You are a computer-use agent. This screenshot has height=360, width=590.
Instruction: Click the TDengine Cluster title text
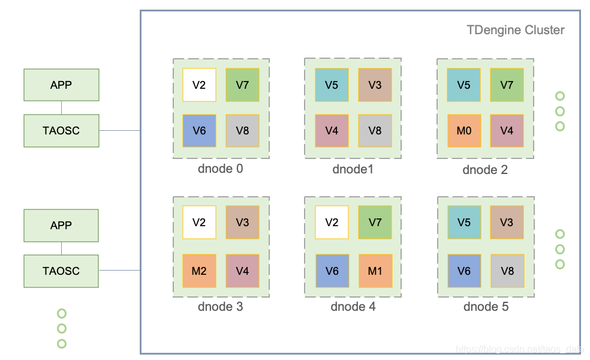pyautogui.click(x=515, y=30)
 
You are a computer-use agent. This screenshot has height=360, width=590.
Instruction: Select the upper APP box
pyautogui.click(x=61, y=85)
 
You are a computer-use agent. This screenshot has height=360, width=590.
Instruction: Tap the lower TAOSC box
pyautogui.click(x=61, y=271)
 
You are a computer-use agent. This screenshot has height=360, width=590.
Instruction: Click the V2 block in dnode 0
pyautogui.click(x=199, y=85)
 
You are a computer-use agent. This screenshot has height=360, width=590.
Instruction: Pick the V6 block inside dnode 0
pyautogui.click(x=199, y=130)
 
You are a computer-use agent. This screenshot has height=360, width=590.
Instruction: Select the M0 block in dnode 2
pyautogui.click(x=463, y=130)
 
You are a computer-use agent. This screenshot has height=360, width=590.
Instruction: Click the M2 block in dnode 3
pyautogui.click(x=199, y=271)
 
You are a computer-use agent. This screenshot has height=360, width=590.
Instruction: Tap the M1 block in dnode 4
pyautogui.click(x=375, y=271)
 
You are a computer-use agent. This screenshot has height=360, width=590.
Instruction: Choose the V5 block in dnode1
pyautogui.click(x=332, y=85)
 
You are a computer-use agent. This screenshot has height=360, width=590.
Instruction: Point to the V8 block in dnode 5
pyautogui.click(x=507, y=271)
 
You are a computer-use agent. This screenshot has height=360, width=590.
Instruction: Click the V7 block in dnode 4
pyautogui.click(x=375, y=223)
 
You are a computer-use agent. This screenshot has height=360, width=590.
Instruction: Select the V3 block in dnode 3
pyautogui.click(x=242, y=223)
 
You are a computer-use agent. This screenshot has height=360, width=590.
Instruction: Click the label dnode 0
pyautogui.click(x=220, y=169)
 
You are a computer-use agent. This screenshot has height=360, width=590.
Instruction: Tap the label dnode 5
pyautogui.click(x=486, y=307)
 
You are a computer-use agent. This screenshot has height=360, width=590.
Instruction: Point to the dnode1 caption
pyautogui.click(x=353, y=169)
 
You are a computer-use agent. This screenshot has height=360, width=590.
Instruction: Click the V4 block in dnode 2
pyautogui.click(x=507, y=130)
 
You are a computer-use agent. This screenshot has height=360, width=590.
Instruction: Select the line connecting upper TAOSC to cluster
pyautogui.click(x=119, y=130)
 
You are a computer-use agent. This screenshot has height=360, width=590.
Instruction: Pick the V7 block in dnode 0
pyautogui.click(x=242, y=85)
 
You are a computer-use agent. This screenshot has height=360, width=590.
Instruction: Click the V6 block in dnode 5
pyautogui.click(x=463, y=271)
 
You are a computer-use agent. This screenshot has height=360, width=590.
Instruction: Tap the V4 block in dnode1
pyautogui.click(x=332, y=130)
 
